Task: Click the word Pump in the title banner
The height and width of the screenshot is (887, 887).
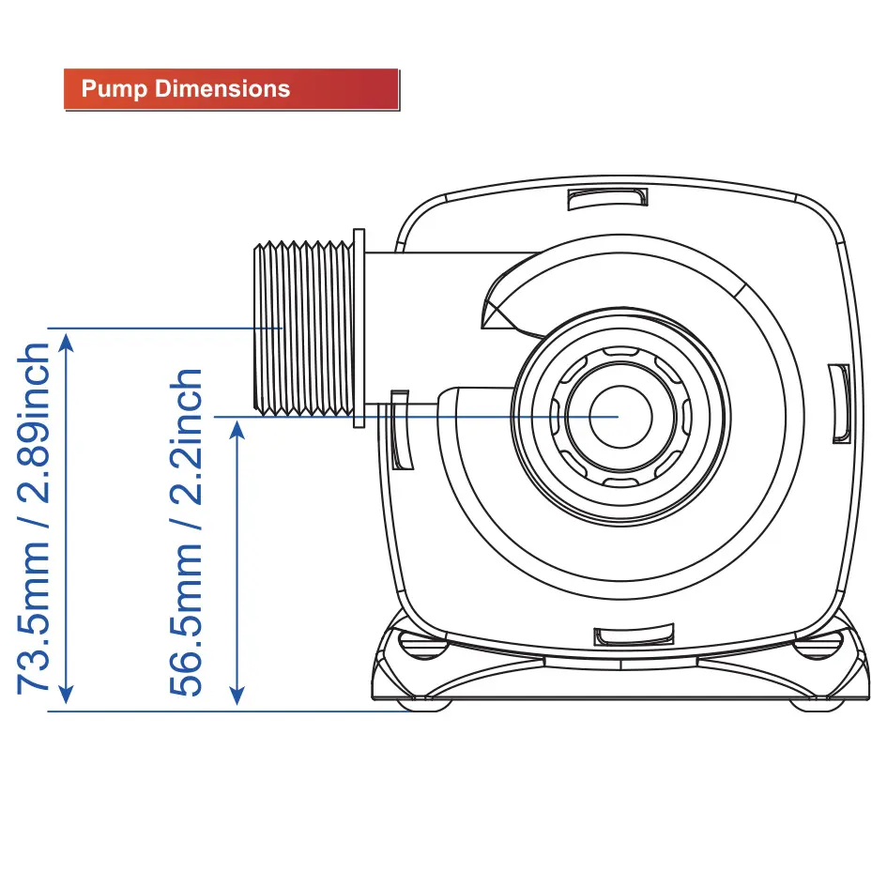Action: pyautogui.click(x=115, y=89)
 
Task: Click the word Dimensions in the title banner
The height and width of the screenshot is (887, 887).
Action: pyautogui.click(x=222, y=89)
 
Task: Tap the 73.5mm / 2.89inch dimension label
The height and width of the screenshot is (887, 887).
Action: pyautogui.click(x=34, y=518)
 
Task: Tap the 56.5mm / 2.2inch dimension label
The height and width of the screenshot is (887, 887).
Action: pyautogui.click(x=186, y=532)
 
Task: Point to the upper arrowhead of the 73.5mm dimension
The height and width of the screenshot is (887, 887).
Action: pyautogui.click(x=67, y=343)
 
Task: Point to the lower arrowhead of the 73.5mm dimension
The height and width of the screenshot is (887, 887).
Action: pyautogui.click(x=67, y=696)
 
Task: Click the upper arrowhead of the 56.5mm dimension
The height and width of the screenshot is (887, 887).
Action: pyautogui.click(x=237, y=431)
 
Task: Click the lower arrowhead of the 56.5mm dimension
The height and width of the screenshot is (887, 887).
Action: pyautogui.click(x=237, y=696)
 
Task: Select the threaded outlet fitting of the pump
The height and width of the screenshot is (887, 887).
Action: pyautogui.click(x=304, y=329)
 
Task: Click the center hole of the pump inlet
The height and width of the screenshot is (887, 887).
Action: pyautogui.click(x=620, y=417)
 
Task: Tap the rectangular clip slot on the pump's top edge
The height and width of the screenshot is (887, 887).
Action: pyautogui.click(x=607, y=199)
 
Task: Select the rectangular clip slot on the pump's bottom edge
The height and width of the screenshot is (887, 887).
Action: pyautogui.click(x=634, y=635)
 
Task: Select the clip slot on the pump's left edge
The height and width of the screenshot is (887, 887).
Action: pyautogui.click(x=401, y=430)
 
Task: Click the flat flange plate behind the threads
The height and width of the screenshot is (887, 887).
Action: pyautogui.click(x=359, y=329)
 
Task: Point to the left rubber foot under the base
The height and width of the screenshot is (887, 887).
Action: pyautogui.click(x=424, y=705)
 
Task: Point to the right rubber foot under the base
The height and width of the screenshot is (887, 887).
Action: pyautogui.click(x=817, y=705)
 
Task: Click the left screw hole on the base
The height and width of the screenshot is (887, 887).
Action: pyautogui.click(x=422, y=645)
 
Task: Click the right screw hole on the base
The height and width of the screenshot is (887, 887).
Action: pyautogui.click(x=818, y=645)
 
